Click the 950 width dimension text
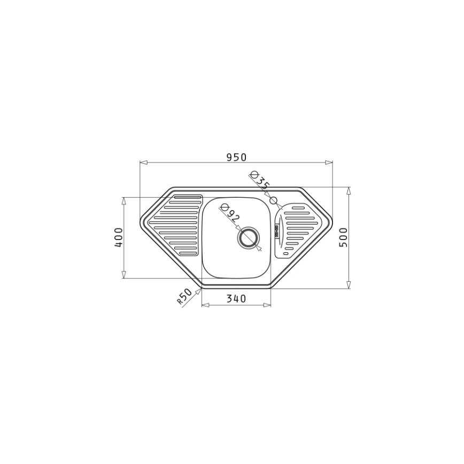coord(236,157)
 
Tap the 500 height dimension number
coord(343,237)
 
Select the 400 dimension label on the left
coord(119,237)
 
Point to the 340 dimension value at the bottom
coord(236,299)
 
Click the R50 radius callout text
coord(184,297)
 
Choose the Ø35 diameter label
coord(260,180)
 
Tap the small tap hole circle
coord(274,200)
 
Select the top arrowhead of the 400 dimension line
coord(124,200)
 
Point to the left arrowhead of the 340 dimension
coord(204,305)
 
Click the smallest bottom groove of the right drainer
coord(286,253)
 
